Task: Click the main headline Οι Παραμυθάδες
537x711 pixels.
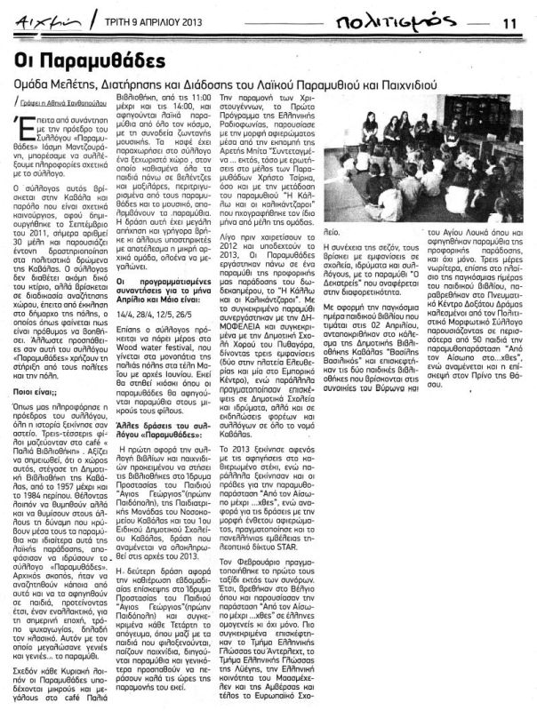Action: tap(91, 61)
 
